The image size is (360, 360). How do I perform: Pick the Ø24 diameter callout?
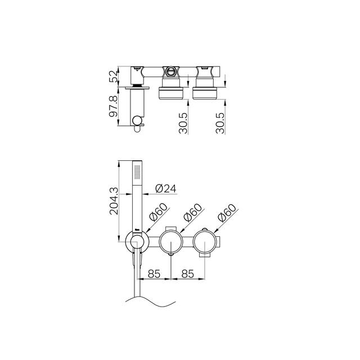165,188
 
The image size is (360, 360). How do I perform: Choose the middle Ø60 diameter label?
192,216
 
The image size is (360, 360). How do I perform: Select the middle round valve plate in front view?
171,243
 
